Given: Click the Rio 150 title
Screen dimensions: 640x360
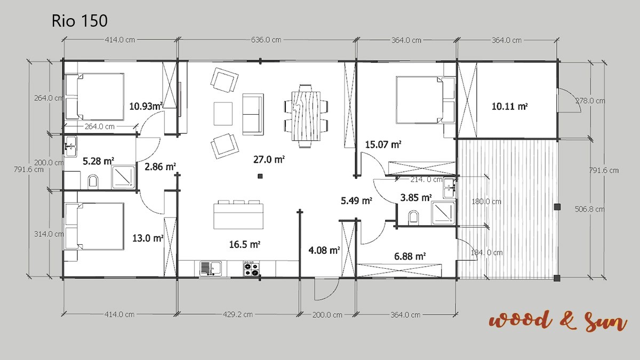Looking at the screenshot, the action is pos(79,21).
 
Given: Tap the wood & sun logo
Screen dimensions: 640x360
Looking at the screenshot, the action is pos(558,322).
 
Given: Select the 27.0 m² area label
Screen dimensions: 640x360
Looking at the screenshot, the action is pos(269,159).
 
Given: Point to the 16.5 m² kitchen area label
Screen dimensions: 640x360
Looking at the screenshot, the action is pos(245,244).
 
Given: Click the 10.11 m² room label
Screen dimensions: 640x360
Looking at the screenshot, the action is pos(509,107).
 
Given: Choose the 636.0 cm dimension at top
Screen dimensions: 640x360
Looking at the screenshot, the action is pos(266,40).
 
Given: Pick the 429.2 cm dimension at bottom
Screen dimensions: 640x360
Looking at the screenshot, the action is pos(238,315).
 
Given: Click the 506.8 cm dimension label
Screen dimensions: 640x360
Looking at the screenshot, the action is pos(589,209).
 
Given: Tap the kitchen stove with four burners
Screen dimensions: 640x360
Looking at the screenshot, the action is pos(251,269).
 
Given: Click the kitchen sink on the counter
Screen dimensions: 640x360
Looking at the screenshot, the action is pos(211,269).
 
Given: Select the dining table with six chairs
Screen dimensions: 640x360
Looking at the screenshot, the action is pos(306,116).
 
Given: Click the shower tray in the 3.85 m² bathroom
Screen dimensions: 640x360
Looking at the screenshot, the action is pos(443,213).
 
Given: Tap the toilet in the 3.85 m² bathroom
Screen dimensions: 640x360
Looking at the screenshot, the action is pos(413,217).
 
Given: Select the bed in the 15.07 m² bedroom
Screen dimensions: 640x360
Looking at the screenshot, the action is pos(426,100).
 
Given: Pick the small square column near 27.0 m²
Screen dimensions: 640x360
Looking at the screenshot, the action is pos(260,177).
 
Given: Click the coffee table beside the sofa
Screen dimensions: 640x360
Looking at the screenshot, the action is pos(223,114).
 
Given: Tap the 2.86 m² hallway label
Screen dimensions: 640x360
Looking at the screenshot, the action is pos(160,166).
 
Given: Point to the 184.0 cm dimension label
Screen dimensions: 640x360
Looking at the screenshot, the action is pos(486,253).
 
